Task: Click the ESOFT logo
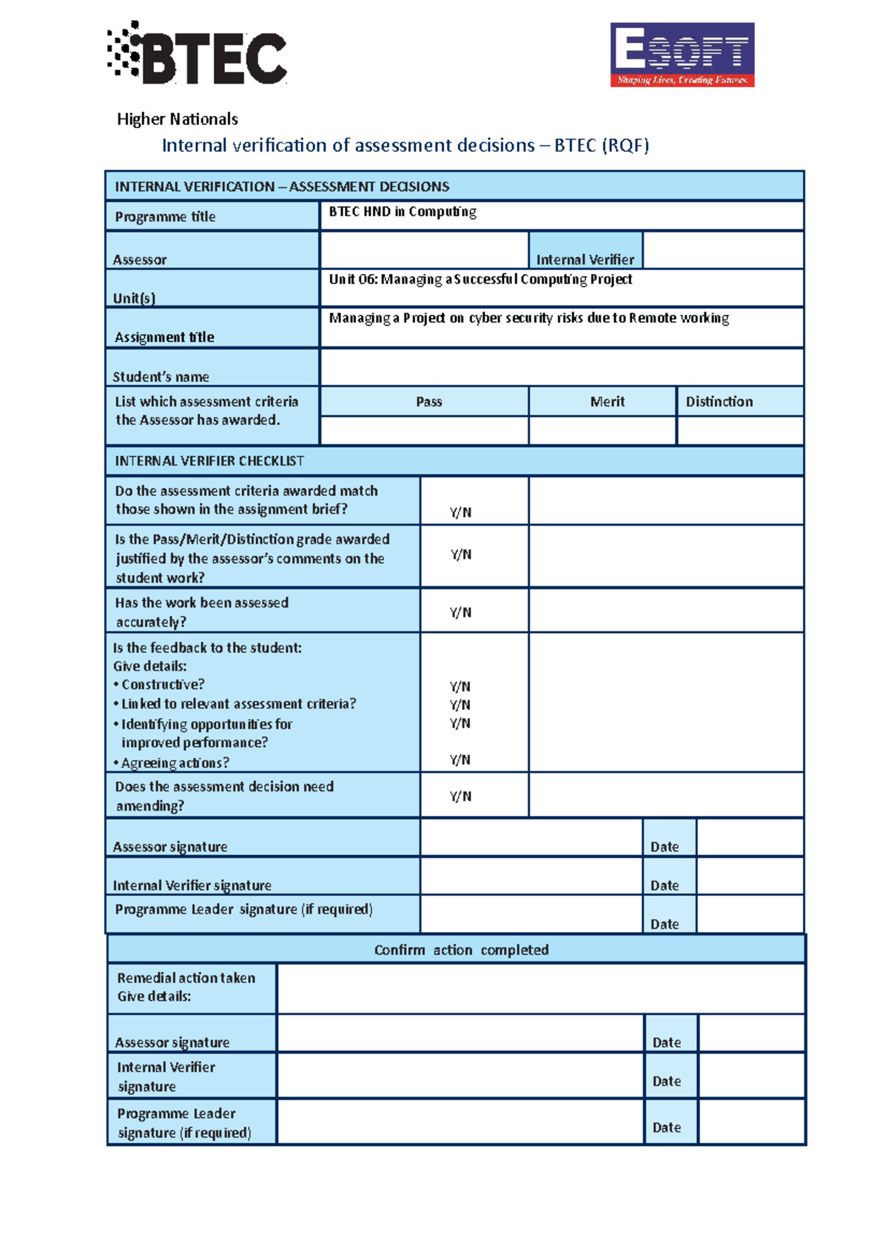tap(682, 55)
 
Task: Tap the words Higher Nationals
tap(177, 119)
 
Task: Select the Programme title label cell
tap(212, 216)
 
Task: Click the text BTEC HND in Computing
tap(402, 212)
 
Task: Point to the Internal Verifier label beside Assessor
tap(585, 259)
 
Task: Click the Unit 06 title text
tap(480, 279)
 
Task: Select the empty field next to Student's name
tap(561, 367)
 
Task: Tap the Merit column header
tap(607, 401)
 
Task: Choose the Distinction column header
tap(719, 401)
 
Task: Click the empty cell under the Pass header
tap(424, 430)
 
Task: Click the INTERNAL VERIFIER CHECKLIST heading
tap(209, 460)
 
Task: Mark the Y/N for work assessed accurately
tap(460, 612)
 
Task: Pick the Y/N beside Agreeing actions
tap(460, 760)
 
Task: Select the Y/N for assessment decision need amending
tap(460, 796)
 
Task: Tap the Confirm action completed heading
tap(461, 950)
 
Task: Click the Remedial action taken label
tap(186, 978)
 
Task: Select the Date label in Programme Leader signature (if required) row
tap(665, 924)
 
